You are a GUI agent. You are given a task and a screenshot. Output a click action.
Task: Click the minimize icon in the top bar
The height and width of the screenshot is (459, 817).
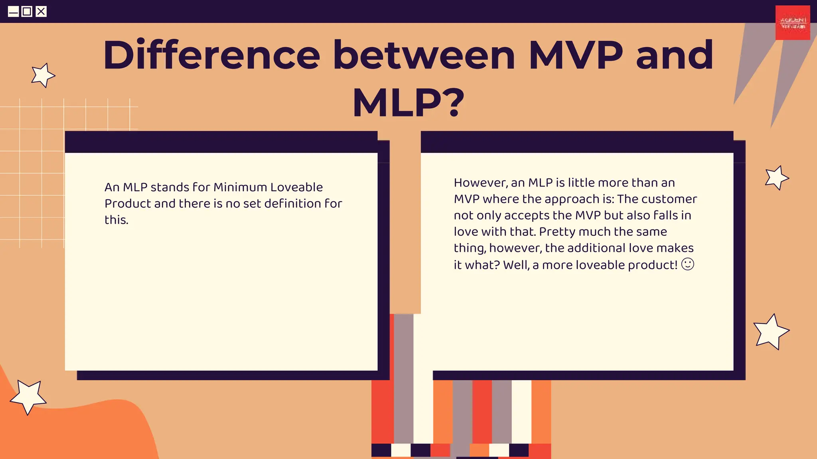tap(13, 12)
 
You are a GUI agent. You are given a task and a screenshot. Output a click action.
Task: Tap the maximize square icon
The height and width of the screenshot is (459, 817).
tap(27, 12)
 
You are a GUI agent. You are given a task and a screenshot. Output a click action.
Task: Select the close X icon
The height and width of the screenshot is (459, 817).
tap(41, 12)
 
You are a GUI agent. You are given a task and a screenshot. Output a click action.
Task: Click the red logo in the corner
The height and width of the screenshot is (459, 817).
tap(793, 23)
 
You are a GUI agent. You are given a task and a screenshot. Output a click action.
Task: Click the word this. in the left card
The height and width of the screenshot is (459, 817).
tap(116, 220)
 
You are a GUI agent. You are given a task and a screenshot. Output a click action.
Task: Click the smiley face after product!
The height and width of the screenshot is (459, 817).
tap(688, 264)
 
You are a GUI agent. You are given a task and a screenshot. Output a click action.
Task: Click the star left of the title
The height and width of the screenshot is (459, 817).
tap(43, 75)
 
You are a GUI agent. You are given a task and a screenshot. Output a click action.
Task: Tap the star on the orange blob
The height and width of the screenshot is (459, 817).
tap(28, 396)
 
